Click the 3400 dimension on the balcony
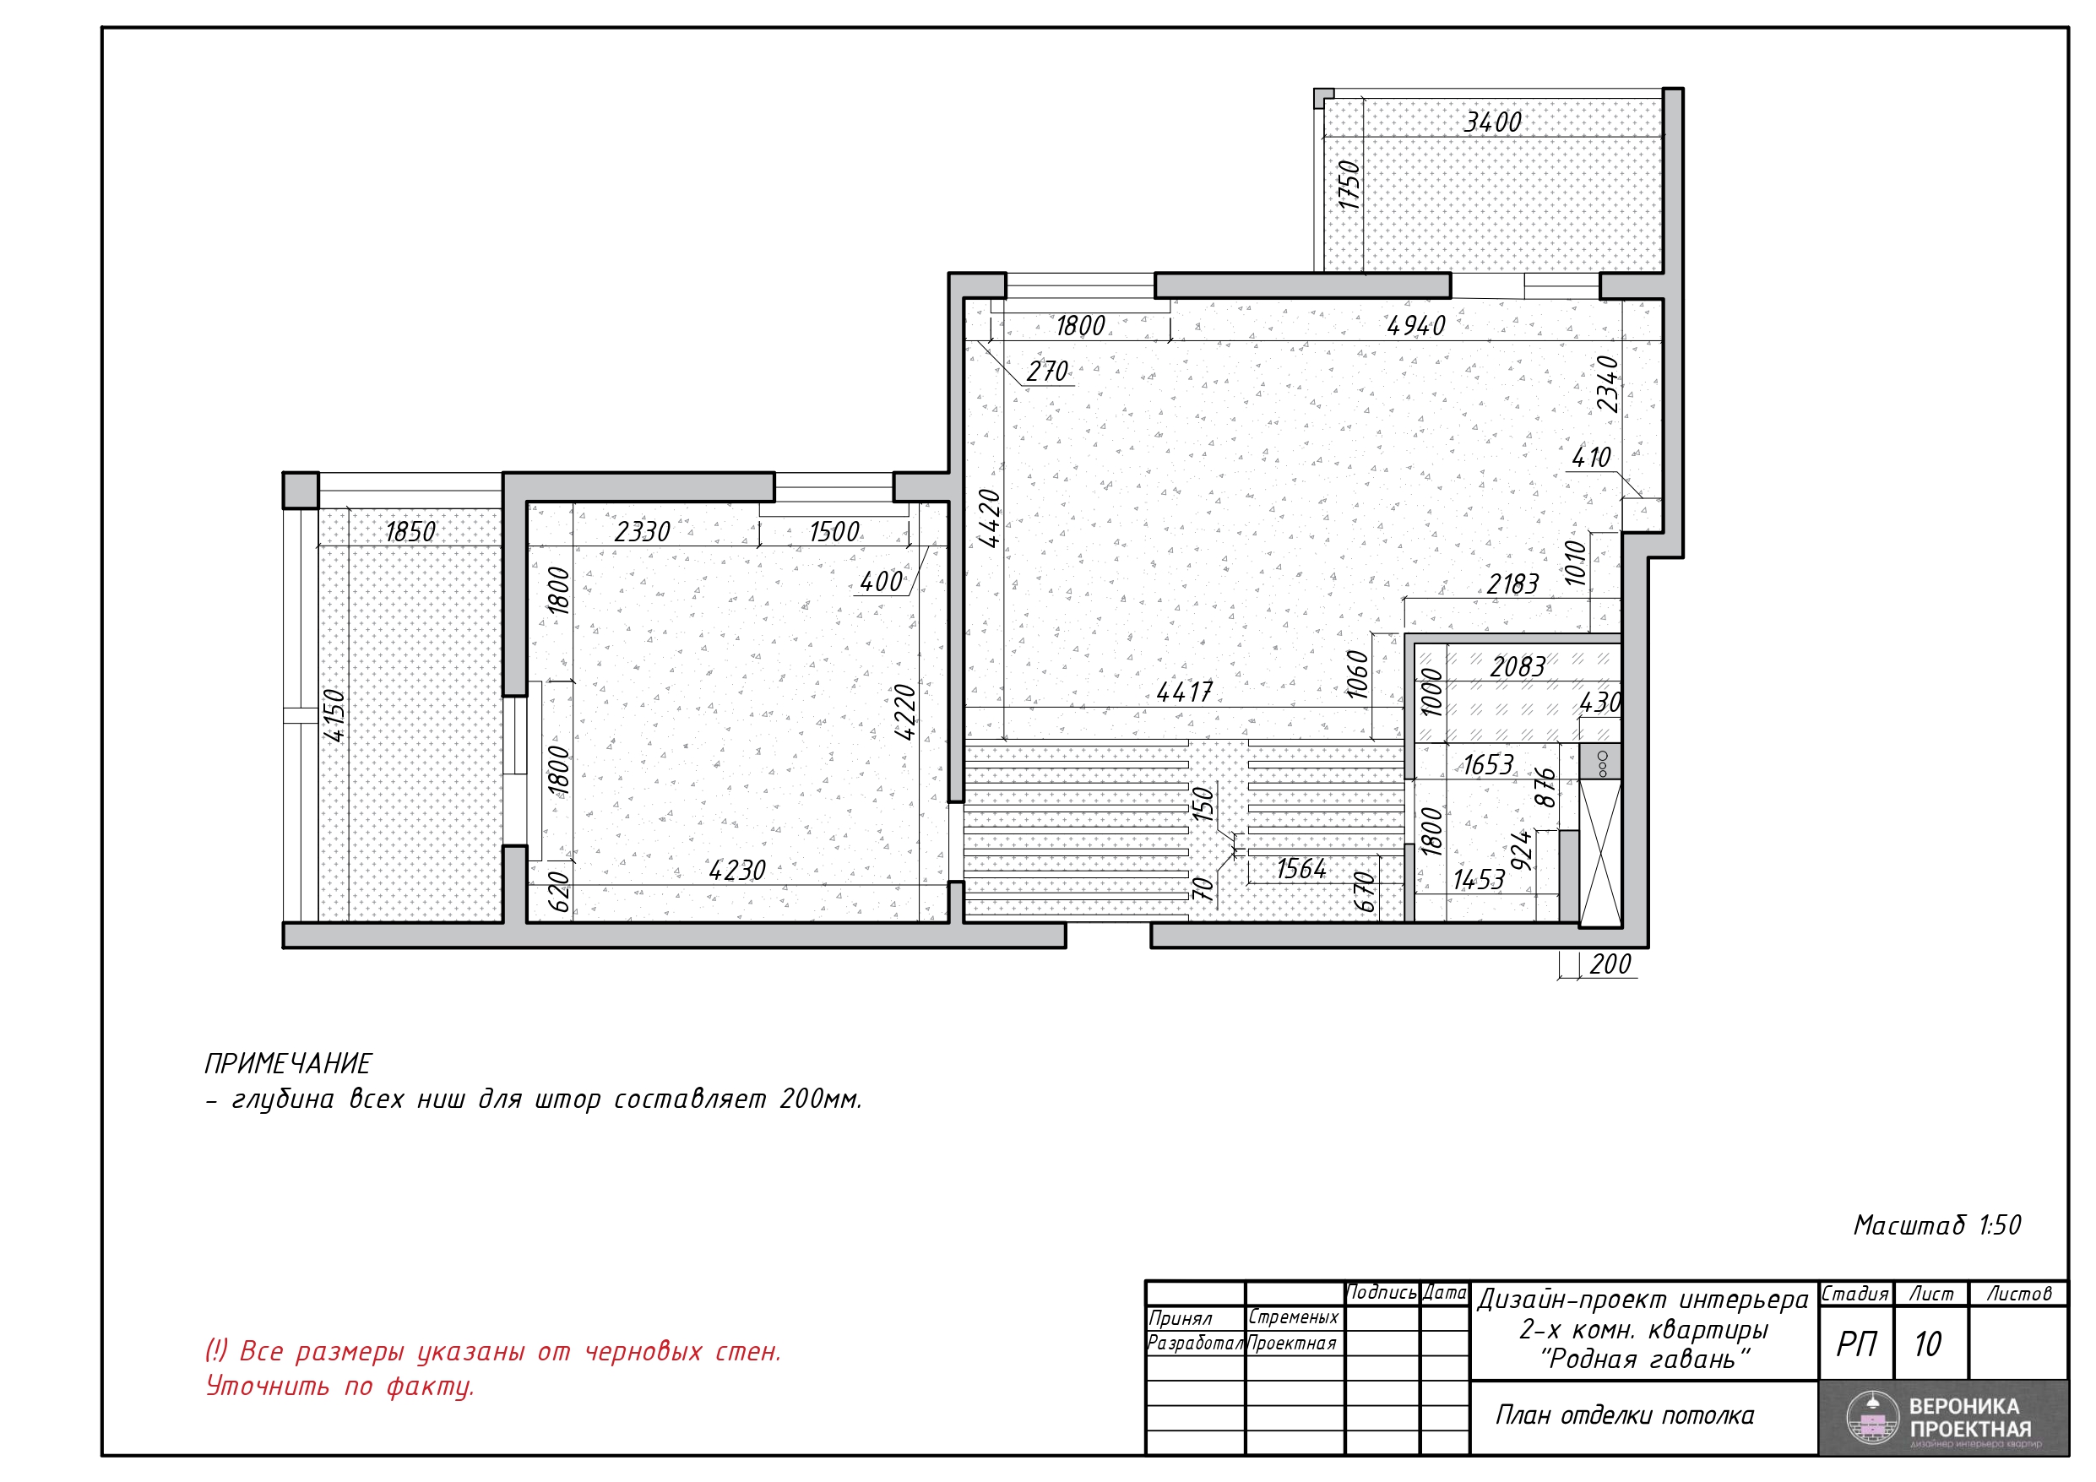pyautogui.click(x=1492, y=122)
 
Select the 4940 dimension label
pyautogui.click(x=1416, y=326)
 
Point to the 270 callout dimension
pyautogui.click(x=1047, y=372)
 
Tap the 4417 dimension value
pyautogui.click(x=1184, y=692)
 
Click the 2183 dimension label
pyautogui.click(x=1512, y=584)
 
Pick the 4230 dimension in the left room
pyautogui.click(x=736, y=871)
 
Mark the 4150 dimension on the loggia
pyautogui.click(x=334, y=715)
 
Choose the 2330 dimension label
pyautogui.click(x=642, y=531)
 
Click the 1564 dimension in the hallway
pyautogui.click(x=1300, y=868)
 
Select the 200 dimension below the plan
pyautogui.click(x=1610, y=964)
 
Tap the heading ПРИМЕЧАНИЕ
pyautogui.click(x=288, y=1064)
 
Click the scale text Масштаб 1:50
pyautogui.click(x=1937, y=1224)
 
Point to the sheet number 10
pyautogui.click(x=1927, y=1344)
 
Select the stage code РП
pyautogui.click(x=1856, y=1344)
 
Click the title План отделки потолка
pyautogui.click(x=1624, y=1415)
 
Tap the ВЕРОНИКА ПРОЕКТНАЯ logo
pyautogui.click(x=1943, y=1418)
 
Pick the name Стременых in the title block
pyautogui.click(x=1293, y=1317)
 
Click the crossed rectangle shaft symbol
pyautogui.click(x=1600, y=854)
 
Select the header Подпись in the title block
pyautogui.click(x=1382, y=1293)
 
